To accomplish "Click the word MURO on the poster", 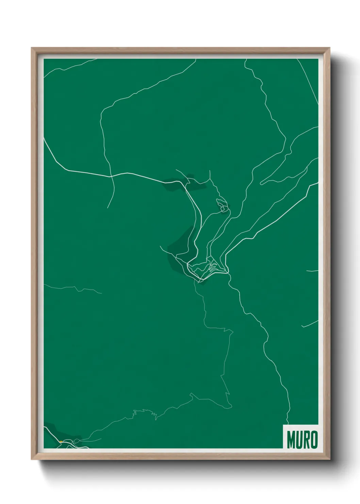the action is [302, 440].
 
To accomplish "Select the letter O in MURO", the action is [314, 440].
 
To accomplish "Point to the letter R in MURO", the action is [307, 440].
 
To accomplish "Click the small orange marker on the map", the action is [61, 442].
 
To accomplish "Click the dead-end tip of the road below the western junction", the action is [108, 207].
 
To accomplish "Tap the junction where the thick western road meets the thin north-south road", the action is [111, 176].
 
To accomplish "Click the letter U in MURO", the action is [299, 440].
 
